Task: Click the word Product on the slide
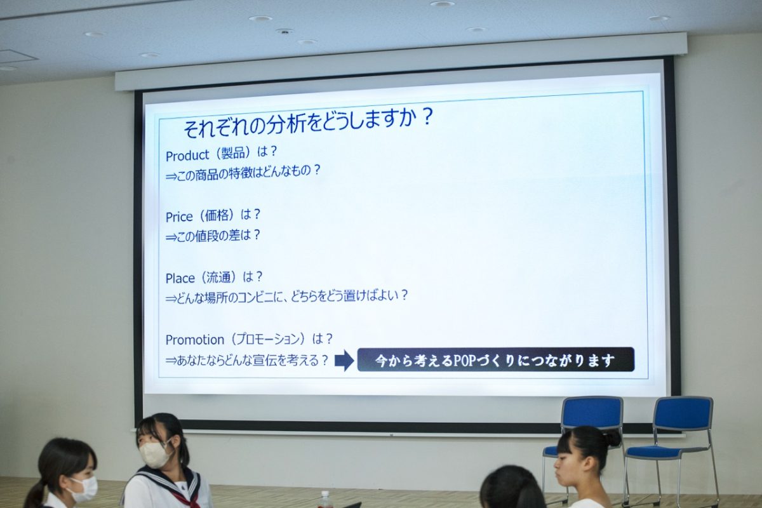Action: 187,156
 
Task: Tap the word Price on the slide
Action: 179,217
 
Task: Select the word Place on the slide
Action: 180,278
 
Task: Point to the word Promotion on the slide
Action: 194,340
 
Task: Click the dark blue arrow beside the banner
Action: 344,360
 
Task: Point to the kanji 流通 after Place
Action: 218,277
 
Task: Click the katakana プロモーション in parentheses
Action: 269,339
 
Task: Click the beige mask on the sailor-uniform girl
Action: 155,454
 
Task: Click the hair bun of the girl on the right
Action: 611,438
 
